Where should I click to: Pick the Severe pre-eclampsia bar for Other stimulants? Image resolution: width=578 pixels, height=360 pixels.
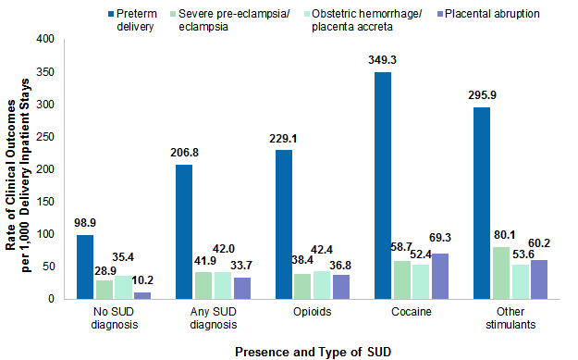pos(501,272)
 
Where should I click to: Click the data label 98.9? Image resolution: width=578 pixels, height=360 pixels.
pos(85,223)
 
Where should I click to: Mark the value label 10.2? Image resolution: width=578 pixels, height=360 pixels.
pos(143,279)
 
